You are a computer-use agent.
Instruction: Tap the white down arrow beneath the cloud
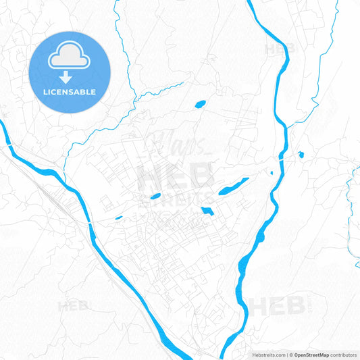coord(70,77)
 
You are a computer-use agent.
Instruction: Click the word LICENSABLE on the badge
coord(70,92)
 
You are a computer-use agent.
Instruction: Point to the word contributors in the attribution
coord(343,355)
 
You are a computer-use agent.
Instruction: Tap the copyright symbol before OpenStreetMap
coord(290,355)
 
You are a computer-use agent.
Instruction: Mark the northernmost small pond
coord(200,104)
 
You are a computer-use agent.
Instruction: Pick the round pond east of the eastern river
coord(301,155)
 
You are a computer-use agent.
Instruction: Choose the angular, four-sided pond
coord(207,211)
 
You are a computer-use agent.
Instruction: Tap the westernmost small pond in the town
coord(119,217)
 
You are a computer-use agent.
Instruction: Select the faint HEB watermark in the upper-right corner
coord(278,49)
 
